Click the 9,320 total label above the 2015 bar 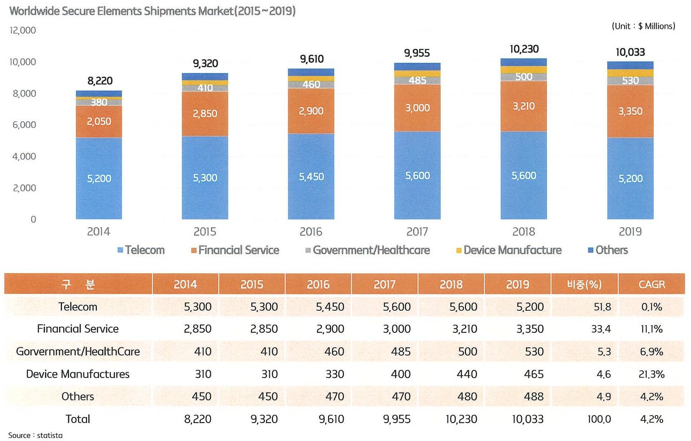point(205,64)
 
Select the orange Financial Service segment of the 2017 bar point(417,108)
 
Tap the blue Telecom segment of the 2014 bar point(99,178)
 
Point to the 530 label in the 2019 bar point(630,81)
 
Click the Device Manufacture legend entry point(509,250)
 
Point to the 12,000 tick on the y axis point(23,30)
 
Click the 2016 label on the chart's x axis point(311,232)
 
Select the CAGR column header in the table point(652,284)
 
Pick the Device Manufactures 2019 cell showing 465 point(533,374)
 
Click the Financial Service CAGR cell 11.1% point(652,329)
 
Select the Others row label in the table point(78,397)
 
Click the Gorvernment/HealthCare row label point(78,351)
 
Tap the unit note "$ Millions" point(657,26)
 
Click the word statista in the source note point(50,435)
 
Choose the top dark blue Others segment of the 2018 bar point(523,62)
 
